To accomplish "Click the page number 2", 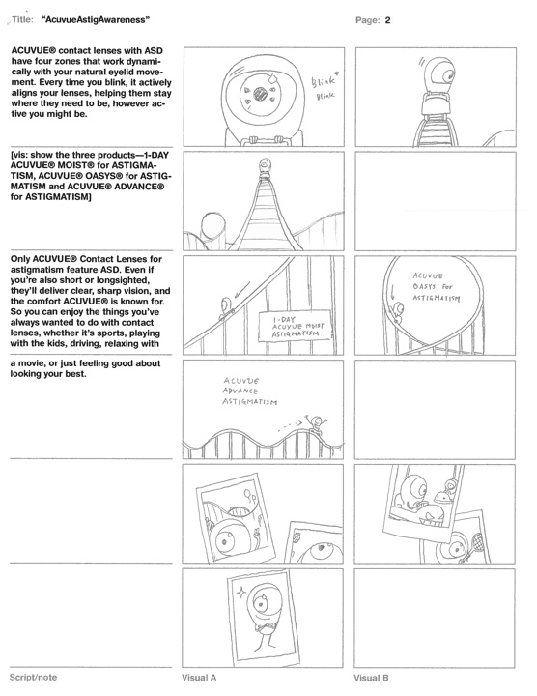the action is [x=387, y=20].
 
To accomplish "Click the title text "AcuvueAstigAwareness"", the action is [x=96, y=20].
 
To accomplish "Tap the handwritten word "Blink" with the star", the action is [x=325, y=81].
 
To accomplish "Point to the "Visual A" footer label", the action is [x=199, y=678].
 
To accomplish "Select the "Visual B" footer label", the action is [x=371, y=678].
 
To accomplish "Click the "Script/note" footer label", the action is [x=33, y=678].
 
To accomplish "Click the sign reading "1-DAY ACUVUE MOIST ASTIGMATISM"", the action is [x=295, y=327].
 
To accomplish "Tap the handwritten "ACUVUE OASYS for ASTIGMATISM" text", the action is [x=436, y=287].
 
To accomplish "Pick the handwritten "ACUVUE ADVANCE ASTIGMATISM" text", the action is [x=249, y=391].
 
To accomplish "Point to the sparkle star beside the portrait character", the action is [x=241, y=592].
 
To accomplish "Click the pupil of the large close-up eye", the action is [x=261, y=94].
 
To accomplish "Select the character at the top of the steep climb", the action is [x=266, y=167].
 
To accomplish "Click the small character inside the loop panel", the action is [x=397, y=312].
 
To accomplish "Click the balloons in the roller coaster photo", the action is [x=249, y=496].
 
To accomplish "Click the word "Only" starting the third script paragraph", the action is [x=20, y=259].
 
